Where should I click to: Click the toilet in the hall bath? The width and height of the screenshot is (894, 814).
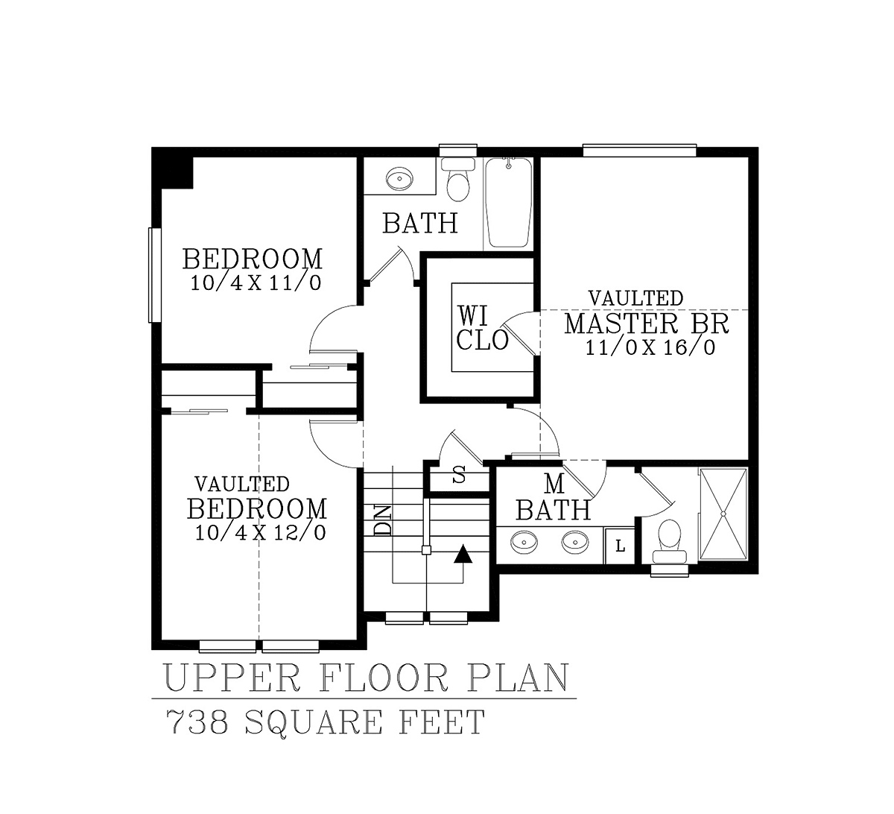(458, 180)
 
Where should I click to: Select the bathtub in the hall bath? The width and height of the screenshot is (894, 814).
(509, 202)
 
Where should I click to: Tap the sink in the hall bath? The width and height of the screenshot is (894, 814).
(399, 180)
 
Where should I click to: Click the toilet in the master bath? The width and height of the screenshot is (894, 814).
(669, 540)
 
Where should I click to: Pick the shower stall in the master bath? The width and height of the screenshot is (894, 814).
(723, 514)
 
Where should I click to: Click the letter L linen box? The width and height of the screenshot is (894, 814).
(620, 546)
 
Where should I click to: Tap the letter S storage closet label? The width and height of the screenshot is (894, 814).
(459, 475)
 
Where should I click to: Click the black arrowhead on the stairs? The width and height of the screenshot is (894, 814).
(463, 554)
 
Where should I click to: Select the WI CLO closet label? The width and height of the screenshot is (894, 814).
(482, 328)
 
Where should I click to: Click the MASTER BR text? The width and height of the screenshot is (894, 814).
(647, 324)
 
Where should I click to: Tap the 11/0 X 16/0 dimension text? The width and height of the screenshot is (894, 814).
(650, 347)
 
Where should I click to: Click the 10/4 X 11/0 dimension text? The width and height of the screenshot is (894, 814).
(256, 283)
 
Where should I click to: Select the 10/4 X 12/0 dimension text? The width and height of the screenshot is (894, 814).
(260, 532)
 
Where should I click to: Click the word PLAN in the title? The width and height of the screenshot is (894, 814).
(518, 678)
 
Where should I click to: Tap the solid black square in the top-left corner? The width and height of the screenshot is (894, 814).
(174, 168)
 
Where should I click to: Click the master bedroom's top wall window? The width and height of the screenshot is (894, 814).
(639, 151)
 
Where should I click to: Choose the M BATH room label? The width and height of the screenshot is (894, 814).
(554, 497)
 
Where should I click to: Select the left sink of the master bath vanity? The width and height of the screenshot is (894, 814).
(524, 542)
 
